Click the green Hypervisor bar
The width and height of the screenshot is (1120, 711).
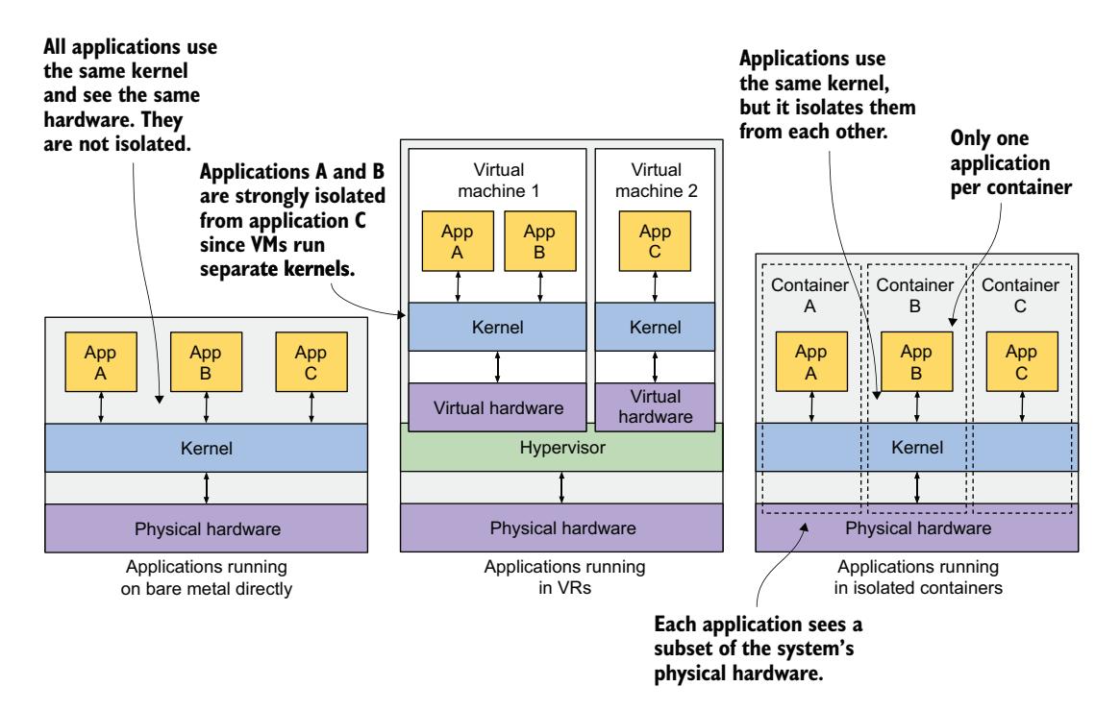[x=560, y=448]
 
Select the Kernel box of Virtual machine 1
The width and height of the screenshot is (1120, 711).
[x=496, y=327]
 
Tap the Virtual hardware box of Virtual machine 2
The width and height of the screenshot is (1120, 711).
[x=657, y=405]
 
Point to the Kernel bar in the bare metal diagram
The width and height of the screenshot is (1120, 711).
[x=206, y=448]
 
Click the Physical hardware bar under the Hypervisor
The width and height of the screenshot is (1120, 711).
[x=560, y=527]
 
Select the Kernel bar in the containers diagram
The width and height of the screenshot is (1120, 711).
[x=918, y=448]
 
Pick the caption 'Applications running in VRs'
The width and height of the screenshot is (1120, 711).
[x=560, y=577]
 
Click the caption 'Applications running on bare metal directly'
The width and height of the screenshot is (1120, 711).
[x=206, y=577]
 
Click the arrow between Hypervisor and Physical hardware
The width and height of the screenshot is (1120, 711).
[x=561, y=487]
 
